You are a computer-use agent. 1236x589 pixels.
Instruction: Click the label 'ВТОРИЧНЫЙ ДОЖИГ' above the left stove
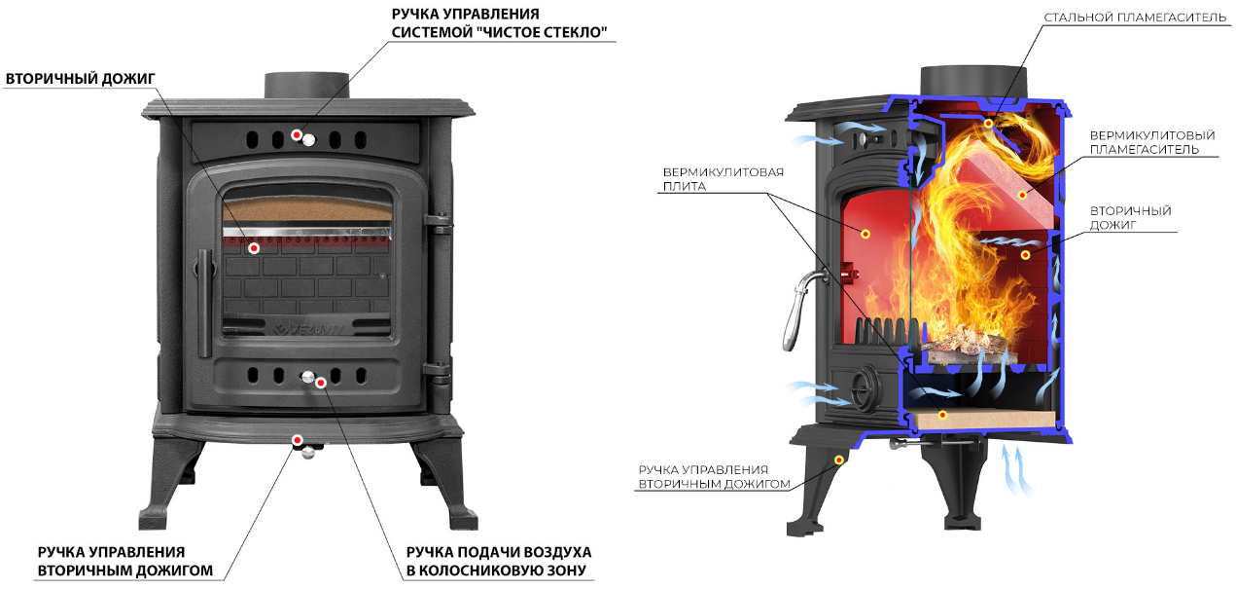tap(80, 79)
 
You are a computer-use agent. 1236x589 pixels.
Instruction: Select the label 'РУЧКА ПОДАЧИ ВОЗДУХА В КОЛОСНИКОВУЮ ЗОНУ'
tap(499, 561)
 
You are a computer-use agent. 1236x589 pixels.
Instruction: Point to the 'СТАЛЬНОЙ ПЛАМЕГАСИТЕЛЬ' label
tap(1135, 18)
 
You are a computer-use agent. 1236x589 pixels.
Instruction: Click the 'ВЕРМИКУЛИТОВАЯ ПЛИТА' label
tap(723, 179)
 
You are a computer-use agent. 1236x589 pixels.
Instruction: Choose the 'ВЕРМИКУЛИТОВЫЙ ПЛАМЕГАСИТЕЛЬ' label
tap(1152, 142)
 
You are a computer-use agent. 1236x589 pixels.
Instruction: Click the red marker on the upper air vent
tap(297, 134)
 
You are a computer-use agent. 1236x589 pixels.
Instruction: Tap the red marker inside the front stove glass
tap(254, 248)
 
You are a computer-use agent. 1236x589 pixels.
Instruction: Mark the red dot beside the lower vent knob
tap(321, 383)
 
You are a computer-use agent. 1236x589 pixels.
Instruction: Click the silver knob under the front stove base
tap(308, 453)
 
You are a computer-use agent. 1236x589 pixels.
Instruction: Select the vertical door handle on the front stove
tap(205, 303)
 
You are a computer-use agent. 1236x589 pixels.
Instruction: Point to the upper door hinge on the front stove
tap(439, 223)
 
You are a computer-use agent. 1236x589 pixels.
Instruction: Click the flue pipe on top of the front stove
tap(306, 87)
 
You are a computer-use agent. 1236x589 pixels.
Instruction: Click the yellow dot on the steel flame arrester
tap(989, 124)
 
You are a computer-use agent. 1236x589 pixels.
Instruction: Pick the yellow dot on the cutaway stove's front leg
tap(838, 460)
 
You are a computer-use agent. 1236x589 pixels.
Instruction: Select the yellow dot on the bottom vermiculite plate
tap(942, 415)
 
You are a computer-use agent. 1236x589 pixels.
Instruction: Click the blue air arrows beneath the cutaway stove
tap(1016, 469)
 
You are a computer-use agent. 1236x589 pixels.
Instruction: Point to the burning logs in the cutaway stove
tap(960, 349)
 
